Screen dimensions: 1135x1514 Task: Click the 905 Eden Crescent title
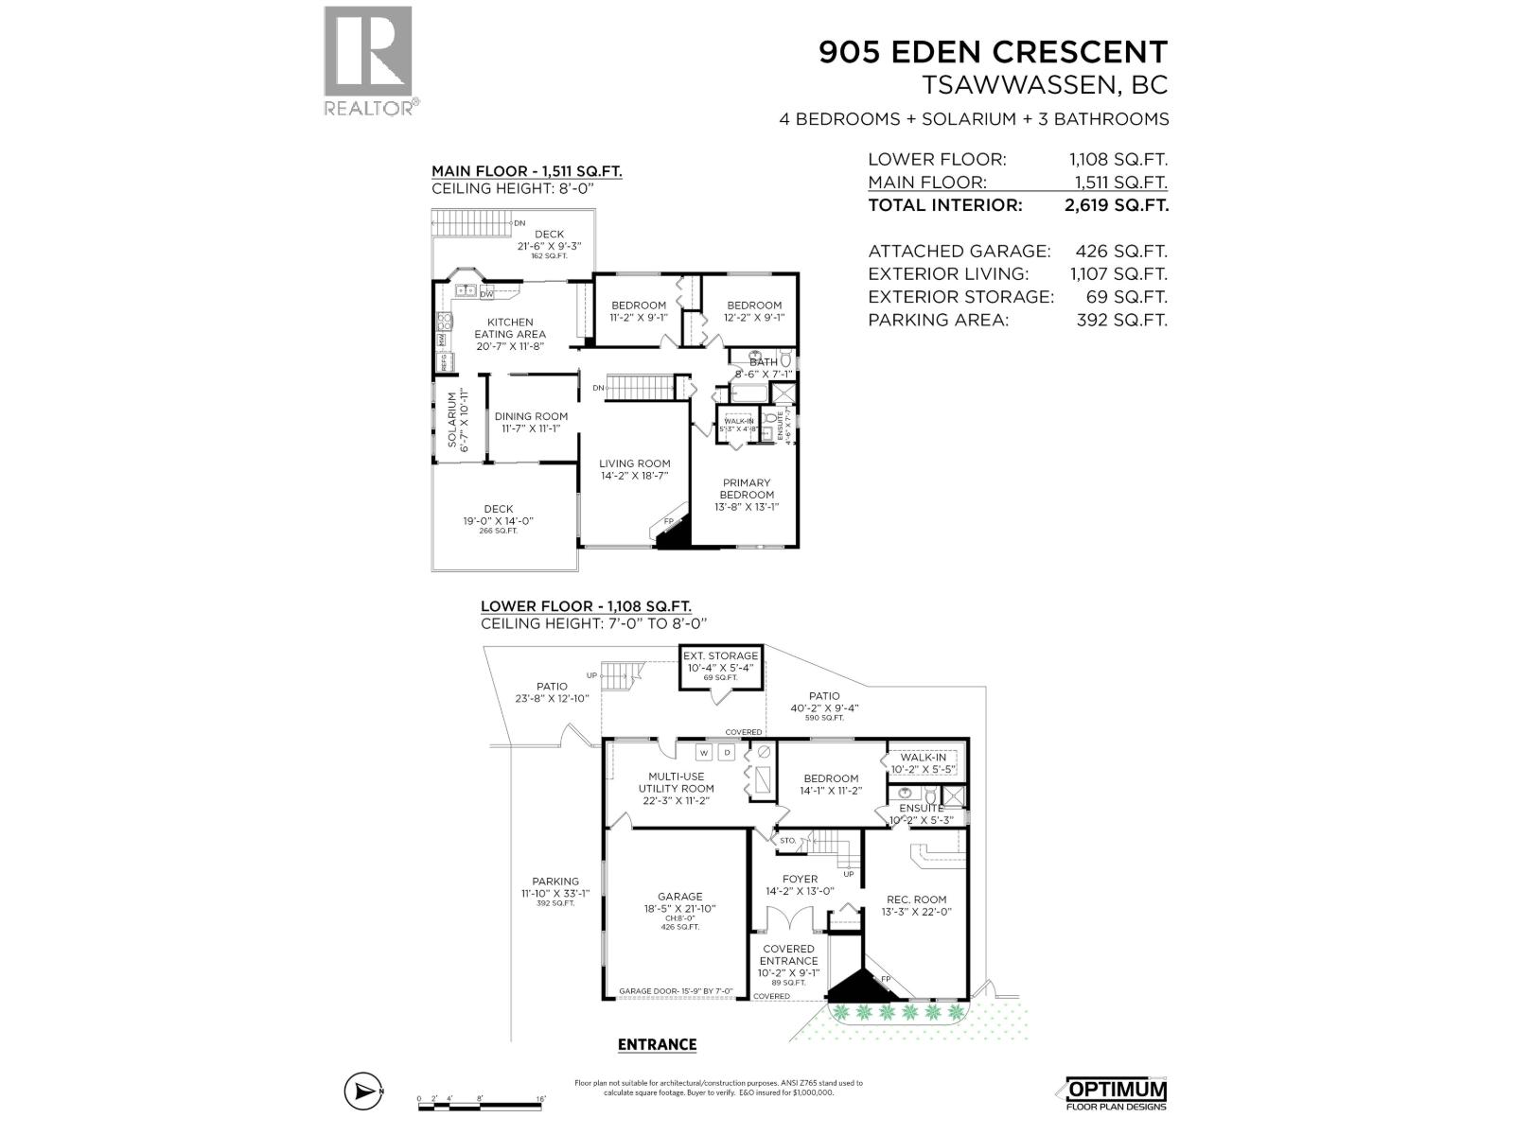click(993, 51)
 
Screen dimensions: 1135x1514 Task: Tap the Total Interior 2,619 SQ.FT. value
click(1117, 205)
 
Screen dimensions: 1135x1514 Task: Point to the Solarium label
click(458, 420)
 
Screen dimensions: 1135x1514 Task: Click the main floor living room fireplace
click(674, 536)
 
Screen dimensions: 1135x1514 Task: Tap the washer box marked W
click(704, 754)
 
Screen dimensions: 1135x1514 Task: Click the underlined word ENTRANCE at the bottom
click(657, 1044)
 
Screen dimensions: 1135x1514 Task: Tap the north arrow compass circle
click(364, 1118)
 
